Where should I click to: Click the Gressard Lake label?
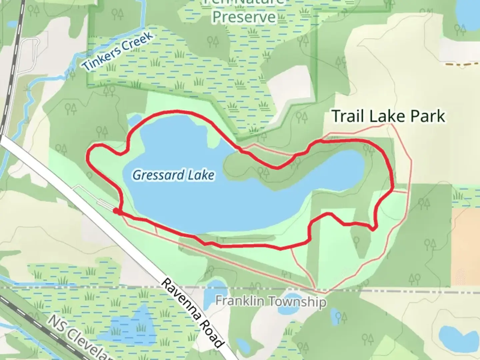point(173,175)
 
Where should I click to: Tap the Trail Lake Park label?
point(388,116)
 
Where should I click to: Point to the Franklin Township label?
point(270,301)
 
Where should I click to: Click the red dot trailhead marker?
point(116,211)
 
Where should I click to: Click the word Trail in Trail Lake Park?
point(349,116)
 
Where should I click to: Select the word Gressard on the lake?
point(159,175)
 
